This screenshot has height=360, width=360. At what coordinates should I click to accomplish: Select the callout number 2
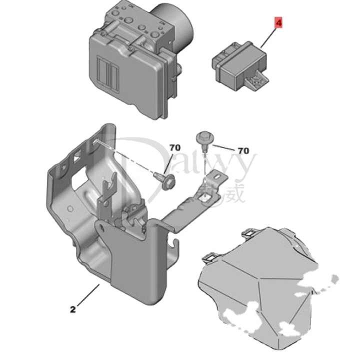click(73, 309)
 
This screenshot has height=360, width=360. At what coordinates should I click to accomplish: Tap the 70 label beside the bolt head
click(243, 150)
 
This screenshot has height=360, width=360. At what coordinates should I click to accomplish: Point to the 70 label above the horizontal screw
click(174, 148)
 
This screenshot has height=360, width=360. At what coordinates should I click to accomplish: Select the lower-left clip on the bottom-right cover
click(209, 259)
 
